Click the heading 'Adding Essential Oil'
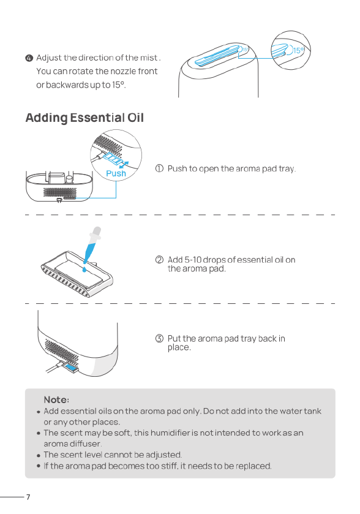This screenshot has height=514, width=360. pos(84,118)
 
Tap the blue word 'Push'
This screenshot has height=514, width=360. pos(116,173)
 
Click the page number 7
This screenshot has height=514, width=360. pos(28,497)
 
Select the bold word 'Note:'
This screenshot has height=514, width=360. pos(56,399)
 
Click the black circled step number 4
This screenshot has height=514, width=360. pos(29,58)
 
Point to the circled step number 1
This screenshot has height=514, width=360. pos(159,168)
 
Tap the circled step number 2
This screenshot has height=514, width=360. pos(159,260)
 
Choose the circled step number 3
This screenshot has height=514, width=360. pos(159,339)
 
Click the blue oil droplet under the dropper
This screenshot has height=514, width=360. pos(85,269)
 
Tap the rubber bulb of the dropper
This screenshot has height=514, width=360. pos(97,232)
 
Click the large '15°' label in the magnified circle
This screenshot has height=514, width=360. pos(298,50)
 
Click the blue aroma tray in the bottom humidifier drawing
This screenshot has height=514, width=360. pos(72,368)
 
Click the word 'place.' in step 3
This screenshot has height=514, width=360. pos(179,347)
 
